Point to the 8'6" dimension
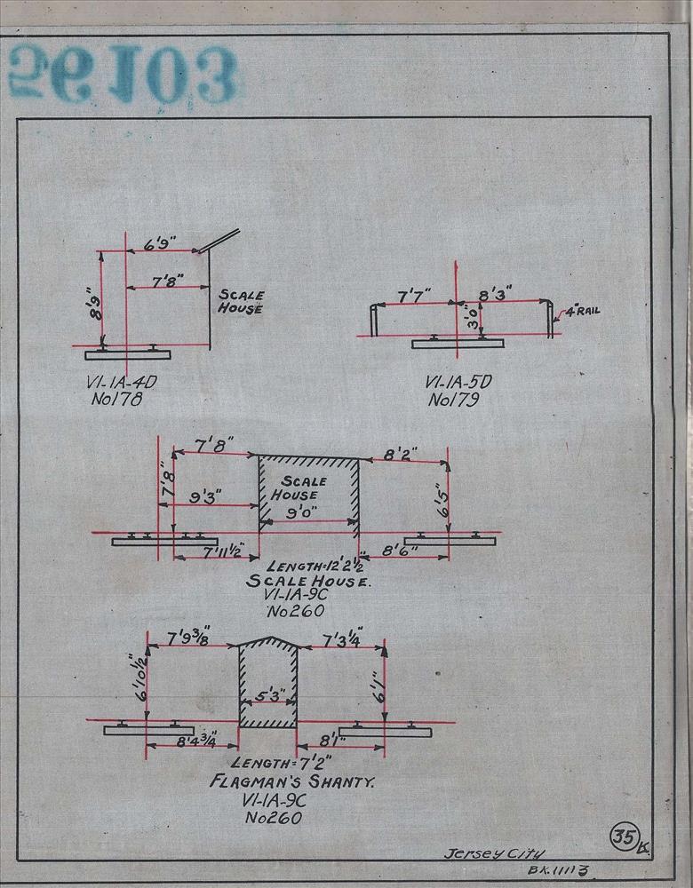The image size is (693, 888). [x=399, y=552]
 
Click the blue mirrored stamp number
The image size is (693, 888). [x=124, y=75]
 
